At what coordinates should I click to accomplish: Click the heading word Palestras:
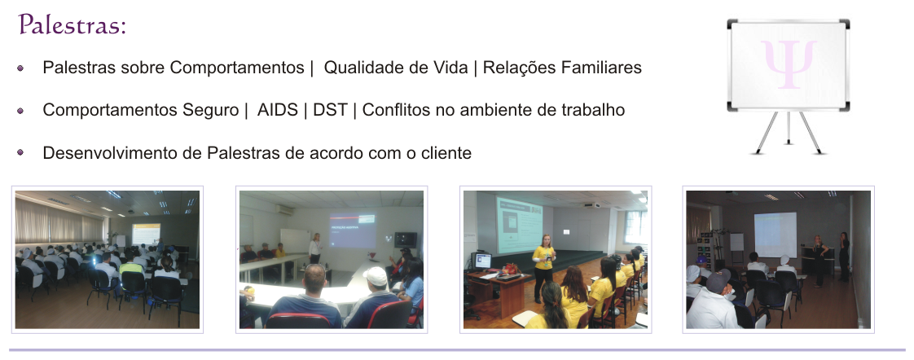click(x=73, y=24)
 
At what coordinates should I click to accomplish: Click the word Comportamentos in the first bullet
click(x=237, y=68)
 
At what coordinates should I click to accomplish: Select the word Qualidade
click(x=362, y=68)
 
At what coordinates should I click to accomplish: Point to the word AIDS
click(x=278, y=109)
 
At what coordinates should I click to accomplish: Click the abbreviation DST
click(x=330, y=109)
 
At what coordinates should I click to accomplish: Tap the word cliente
click(x=446, y=152)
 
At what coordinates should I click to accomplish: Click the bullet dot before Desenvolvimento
click(x=21, y=152)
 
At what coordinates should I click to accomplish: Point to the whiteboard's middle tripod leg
click(x=789, y=128)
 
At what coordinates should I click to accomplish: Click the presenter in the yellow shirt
click(x=543, y=267)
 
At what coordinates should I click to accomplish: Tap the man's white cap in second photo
click(x=376, y=276)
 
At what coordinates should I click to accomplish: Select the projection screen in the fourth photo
click(x=776, y=235)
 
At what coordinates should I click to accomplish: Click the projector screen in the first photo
click(x=146, y=234)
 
